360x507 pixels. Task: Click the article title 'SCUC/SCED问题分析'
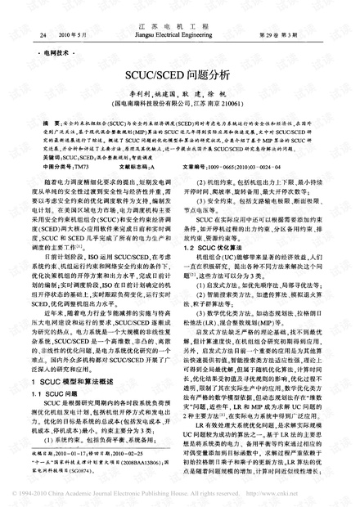point(180,73)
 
